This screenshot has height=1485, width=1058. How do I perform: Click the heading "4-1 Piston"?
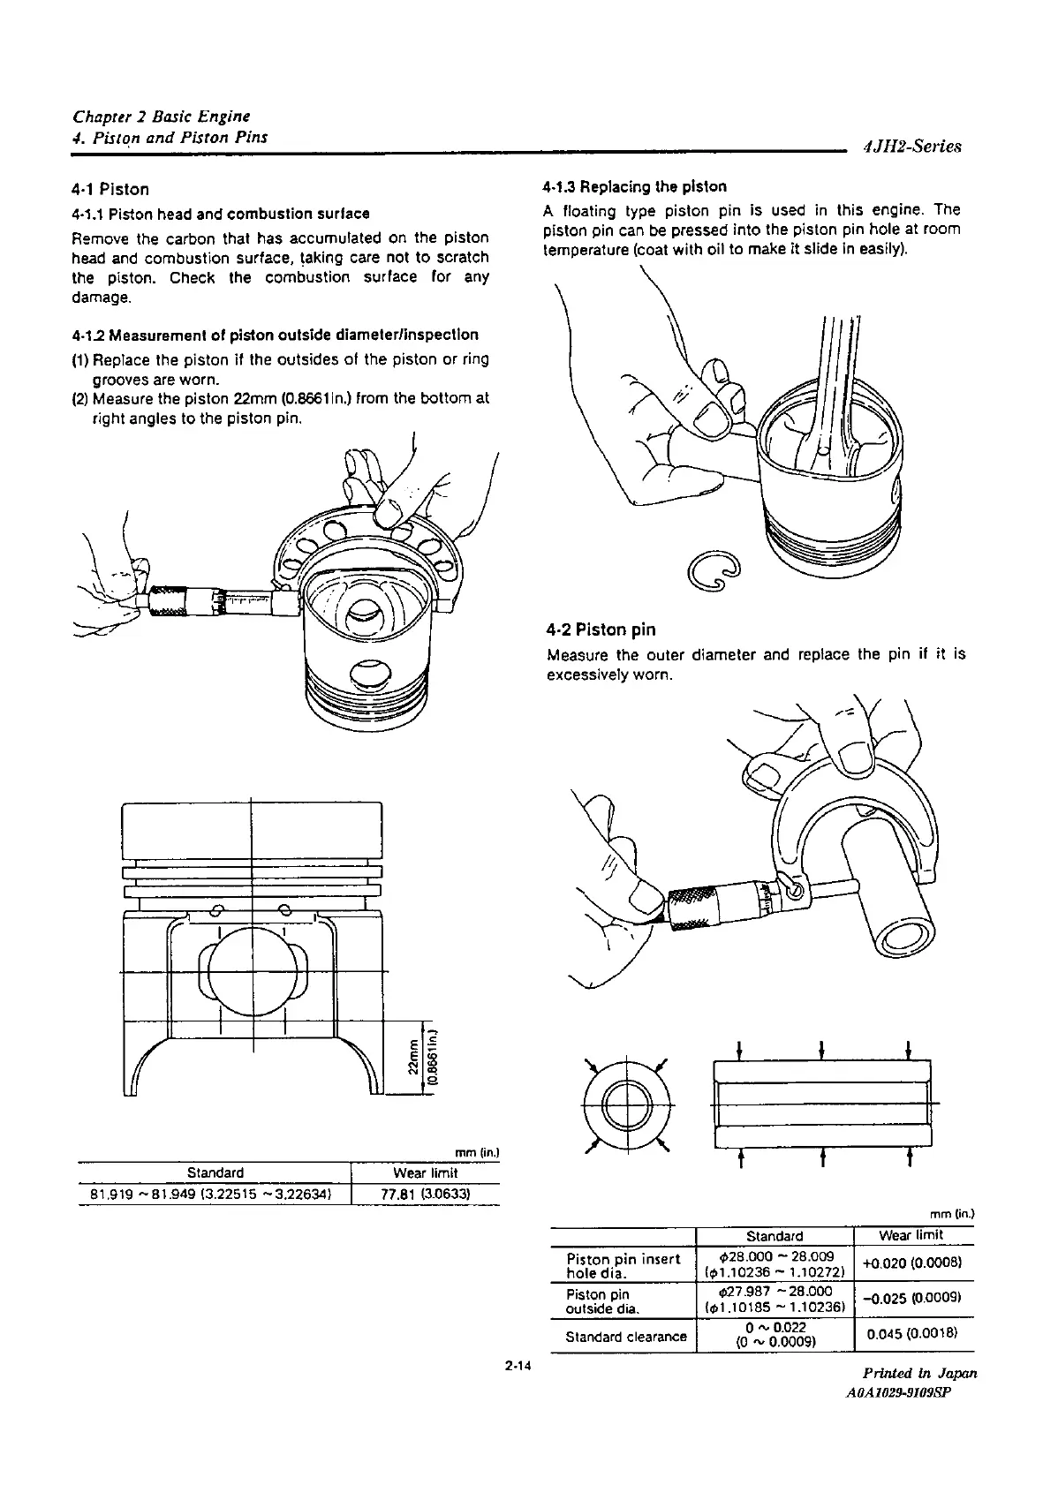pos(110,189)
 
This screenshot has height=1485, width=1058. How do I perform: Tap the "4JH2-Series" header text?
pos(911,147)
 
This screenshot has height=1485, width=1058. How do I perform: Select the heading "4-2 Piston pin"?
pos(601,629)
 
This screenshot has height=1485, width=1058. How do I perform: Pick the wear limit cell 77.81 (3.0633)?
pos(425,1195)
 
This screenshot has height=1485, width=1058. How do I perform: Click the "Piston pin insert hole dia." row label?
pos(623,1266)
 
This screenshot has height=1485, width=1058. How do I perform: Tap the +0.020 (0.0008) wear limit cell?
pos(914,1262)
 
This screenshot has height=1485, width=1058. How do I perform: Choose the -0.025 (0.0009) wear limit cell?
pos(914,1298)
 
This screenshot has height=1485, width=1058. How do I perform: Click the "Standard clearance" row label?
pos(625,1337)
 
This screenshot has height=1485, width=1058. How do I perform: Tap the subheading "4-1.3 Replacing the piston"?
pos(634,186)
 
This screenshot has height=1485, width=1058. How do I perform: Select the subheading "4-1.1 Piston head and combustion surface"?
pos(220,214)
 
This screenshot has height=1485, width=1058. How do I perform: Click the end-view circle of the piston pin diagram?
pos(626,1104)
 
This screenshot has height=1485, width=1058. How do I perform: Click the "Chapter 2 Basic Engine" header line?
pos(161,116)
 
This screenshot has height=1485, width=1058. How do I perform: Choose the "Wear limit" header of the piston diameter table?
pos(425,1173)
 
